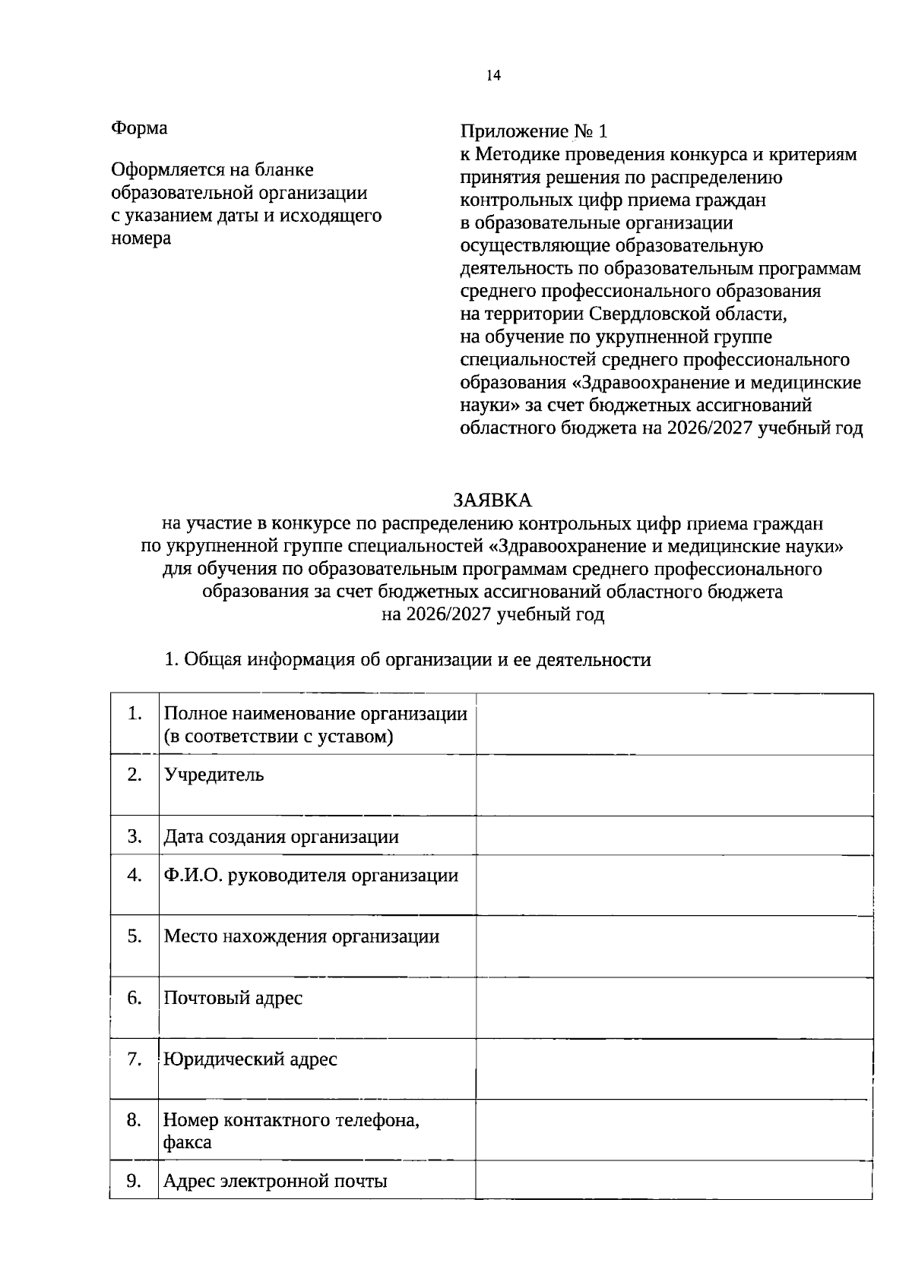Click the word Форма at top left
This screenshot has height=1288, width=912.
pos(139,128)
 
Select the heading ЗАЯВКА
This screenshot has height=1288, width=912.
pos(492,500)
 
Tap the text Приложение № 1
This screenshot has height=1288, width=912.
pos(534,132)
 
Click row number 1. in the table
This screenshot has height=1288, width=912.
pos(135,713)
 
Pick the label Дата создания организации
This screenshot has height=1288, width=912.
pos(281,837)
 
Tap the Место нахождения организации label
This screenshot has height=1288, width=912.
pos(302,936)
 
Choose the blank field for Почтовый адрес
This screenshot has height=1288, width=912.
pos(673,1008)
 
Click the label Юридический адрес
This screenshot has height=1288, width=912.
pos(250,1059)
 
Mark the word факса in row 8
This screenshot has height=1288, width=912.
pos(187,1142)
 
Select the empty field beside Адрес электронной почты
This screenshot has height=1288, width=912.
pos(673,1181)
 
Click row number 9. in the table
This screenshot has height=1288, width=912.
pos(135,1180)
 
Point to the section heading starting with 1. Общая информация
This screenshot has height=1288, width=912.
pos(407,659)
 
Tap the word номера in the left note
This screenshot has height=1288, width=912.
pos(141,238)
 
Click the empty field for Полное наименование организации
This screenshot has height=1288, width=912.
pos(673,724)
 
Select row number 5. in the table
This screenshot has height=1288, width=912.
pos(135,936)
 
